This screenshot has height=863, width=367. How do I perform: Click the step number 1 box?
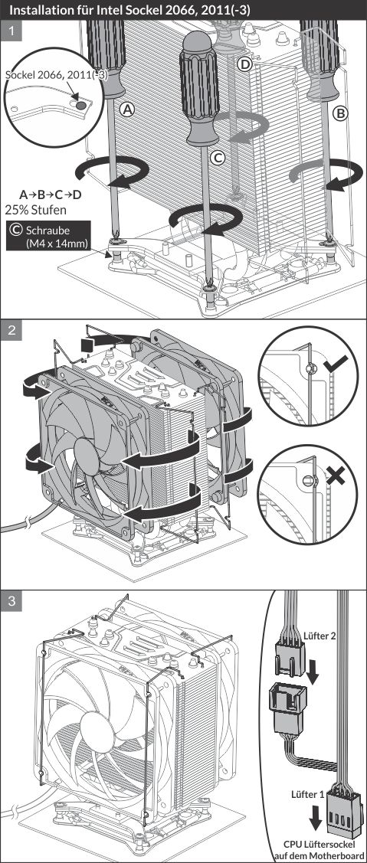11,31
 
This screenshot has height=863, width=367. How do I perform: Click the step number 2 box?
11,332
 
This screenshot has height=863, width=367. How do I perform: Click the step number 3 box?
11,602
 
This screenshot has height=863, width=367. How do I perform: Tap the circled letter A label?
128,110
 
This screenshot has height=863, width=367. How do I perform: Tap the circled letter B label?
341,113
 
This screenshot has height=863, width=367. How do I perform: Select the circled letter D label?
244,64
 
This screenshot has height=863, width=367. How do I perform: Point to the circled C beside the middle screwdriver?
218,158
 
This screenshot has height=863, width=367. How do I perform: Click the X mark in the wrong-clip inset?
334,475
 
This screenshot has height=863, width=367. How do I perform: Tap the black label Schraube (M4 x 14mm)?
48,236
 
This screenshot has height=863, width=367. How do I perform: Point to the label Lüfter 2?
319,635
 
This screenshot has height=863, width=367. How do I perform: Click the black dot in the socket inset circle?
80,103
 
